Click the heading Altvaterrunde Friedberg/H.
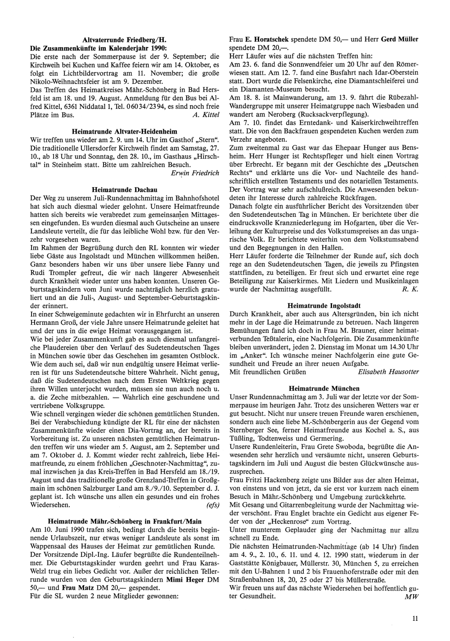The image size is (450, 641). click(x=125, y=40)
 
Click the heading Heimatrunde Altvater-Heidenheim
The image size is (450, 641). click(x=125, y=131)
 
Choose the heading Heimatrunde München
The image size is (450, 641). click(x=324, y=388)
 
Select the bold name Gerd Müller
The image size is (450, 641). click(x=400, y=40)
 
